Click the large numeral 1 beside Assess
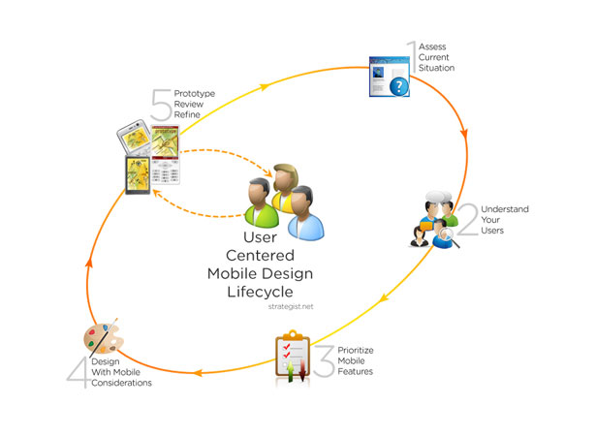412,57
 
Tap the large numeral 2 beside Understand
468,219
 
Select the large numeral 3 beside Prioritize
325,361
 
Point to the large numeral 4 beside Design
78,372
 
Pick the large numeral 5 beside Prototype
161,105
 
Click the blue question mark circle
398,86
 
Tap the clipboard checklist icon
293,357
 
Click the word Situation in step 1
436,68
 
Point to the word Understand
505,209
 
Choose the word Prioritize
356,351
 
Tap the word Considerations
122,383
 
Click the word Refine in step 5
187,114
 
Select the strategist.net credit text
291,306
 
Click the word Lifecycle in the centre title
261,292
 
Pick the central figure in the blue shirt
305,213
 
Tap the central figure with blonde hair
285,186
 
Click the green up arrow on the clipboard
291,371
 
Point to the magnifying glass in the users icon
449,236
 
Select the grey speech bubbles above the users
439,197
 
